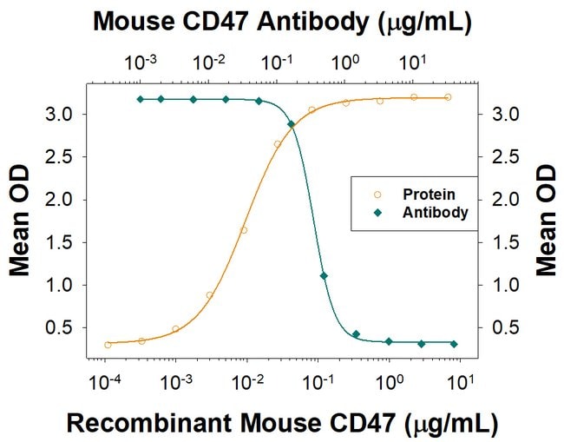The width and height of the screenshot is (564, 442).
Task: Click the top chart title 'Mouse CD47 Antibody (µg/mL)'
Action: pos(282,23)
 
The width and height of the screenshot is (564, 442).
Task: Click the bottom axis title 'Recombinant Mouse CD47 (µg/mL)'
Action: pos(282,423)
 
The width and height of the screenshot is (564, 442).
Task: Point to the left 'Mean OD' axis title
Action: pos(19,221)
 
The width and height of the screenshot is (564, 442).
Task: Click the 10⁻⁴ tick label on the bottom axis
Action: pos(105,382)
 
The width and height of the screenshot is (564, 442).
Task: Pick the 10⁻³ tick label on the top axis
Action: pos(141,63)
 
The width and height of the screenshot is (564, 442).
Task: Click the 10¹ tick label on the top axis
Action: pos(412,63)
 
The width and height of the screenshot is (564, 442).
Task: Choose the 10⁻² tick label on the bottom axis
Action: pos(247,382)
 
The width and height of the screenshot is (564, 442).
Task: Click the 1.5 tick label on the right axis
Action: pos(505,243)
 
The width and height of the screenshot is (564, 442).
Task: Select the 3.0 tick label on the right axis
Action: pos(505,115)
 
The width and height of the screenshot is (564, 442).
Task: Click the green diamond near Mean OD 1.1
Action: pos(324,276)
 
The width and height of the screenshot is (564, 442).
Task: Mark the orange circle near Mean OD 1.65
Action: pos(244,230)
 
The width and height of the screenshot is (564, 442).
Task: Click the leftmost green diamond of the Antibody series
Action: pos(141,99)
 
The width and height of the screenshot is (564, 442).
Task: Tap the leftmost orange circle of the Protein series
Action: pos(108,345)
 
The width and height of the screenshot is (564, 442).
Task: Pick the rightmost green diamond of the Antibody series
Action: pos(454,344)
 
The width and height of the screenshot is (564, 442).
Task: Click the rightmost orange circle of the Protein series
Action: pos(448,97)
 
